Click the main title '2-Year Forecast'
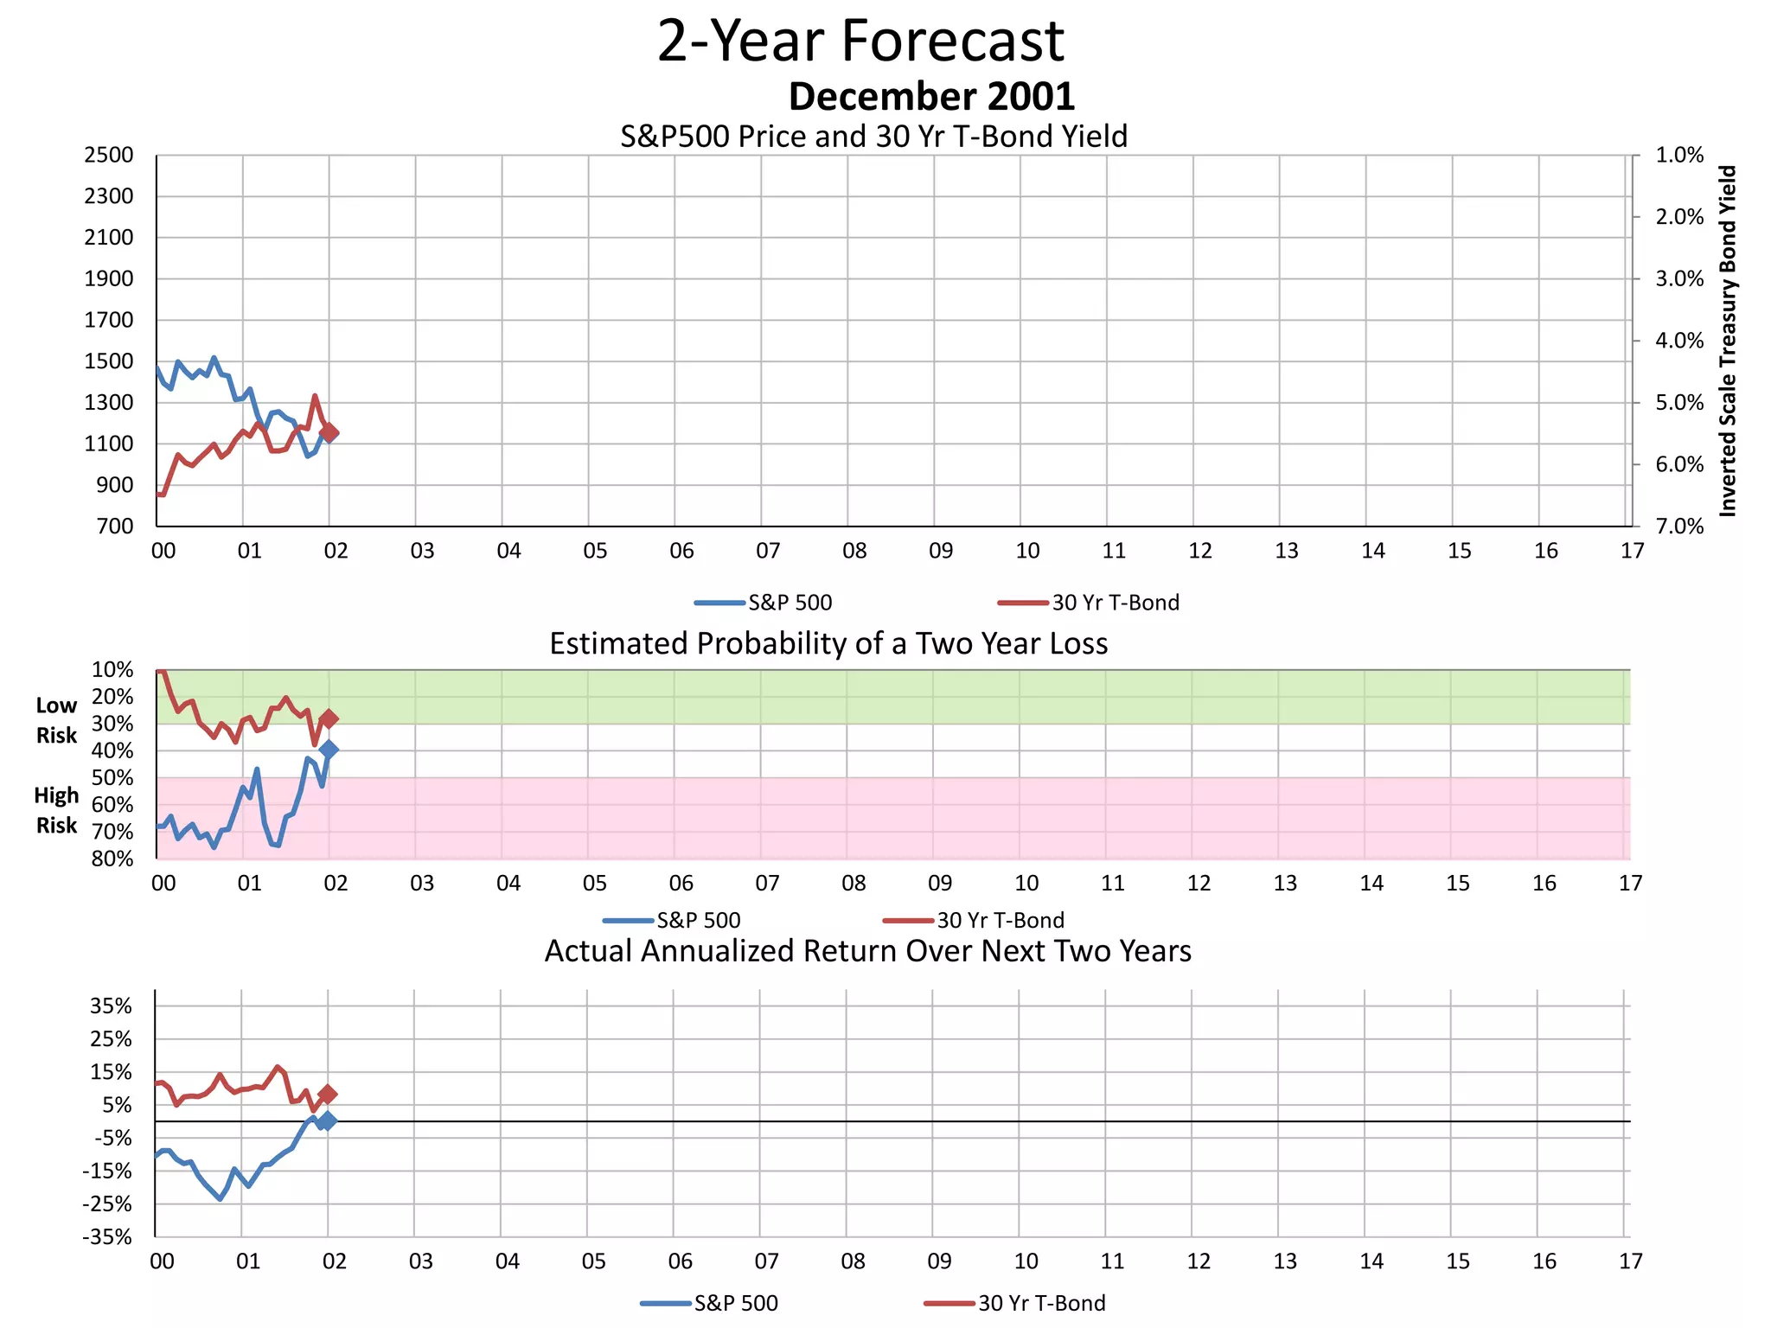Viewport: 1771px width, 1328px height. pyautogui.click(x=860, y=41)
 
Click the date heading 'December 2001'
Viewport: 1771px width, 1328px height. pyautogui.click(x=931, y=97)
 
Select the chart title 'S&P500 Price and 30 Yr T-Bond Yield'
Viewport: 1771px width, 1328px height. pyautogui.click(x=873, y=137)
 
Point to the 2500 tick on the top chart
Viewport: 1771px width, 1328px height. pyautogui.click(x=109, y=156)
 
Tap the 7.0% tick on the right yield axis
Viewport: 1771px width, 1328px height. pyautogui.click(x=1678, y=527)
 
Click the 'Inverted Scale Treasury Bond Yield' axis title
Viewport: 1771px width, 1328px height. pyautogui.click(x=1727, y=342)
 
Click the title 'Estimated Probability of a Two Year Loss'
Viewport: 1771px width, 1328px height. pyautogui.click(x=828, y=644)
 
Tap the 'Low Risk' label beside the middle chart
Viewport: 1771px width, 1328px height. pyautogui.click(x=56, y=720)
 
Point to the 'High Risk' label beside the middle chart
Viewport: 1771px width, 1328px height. pyautogui.click(x=56, y=810)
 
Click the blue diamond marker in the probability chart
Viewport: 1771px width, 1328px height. pyautogui.click(x=329, y=750)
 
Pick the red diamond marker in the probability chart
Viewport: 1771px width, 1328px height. pyautogui.click(x=329, y=718)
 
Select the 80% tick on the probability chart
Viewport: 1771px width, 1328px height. pyautogui.click(x=112, y=859)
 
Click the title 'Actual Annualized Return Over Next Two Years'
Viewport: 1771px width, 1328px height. pyautogui.click(x=867, y=951)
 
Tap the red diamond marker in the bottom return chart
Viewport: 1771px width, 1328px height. pyautogui.click(x=327, y=1095)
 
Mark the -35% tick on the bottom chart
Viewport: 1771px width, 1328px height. pyautogui.click(x=107, y=1237)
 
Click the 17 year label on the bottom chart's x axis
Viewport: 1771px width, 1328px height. pyautogui.click(x=1630, y=1261)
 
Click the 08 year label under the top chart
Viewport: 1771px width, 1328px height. pyautogui.click(x=854, y=551)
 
